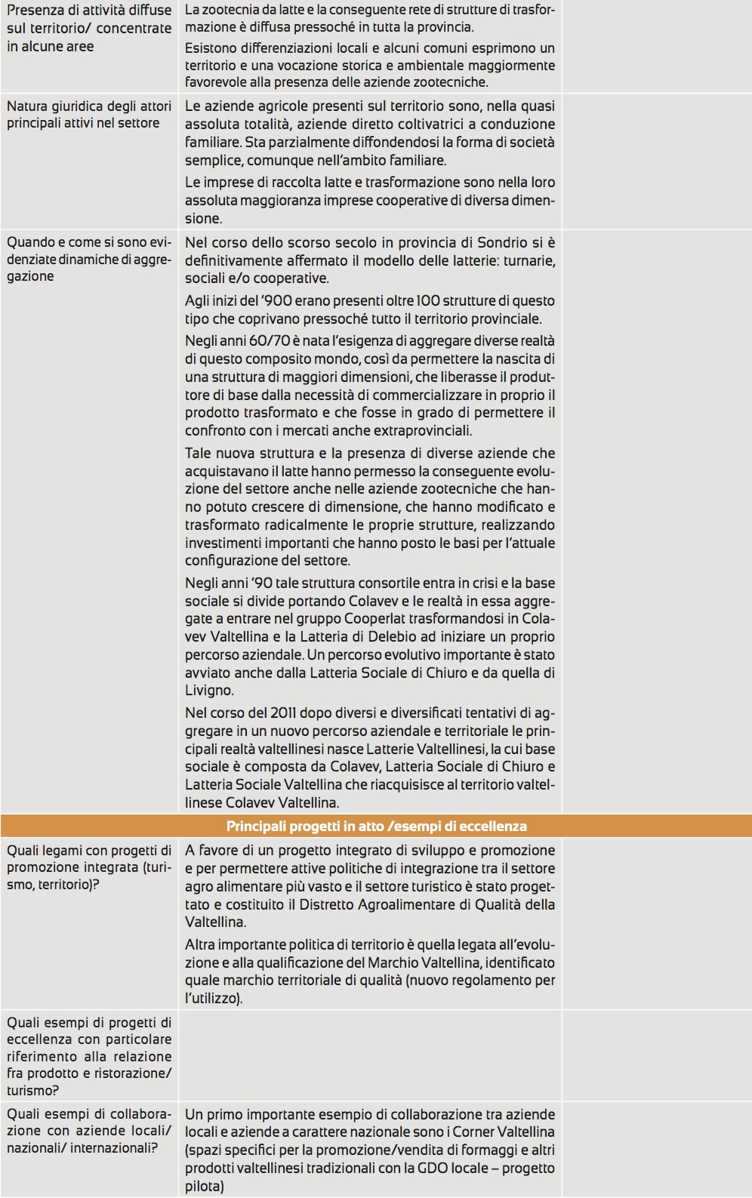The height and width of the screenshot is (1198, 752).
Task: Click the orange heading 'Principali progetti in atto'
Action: click(376, 826)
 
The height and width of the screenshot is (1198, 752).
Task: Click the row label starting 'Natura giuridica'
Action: click(88, 114)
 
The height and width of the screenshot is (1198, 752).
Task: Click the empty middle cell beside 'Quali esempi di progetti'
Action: click(370, 1055)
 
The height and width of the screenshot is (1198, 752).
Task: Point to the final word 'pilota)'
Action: click(205, 1186)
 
